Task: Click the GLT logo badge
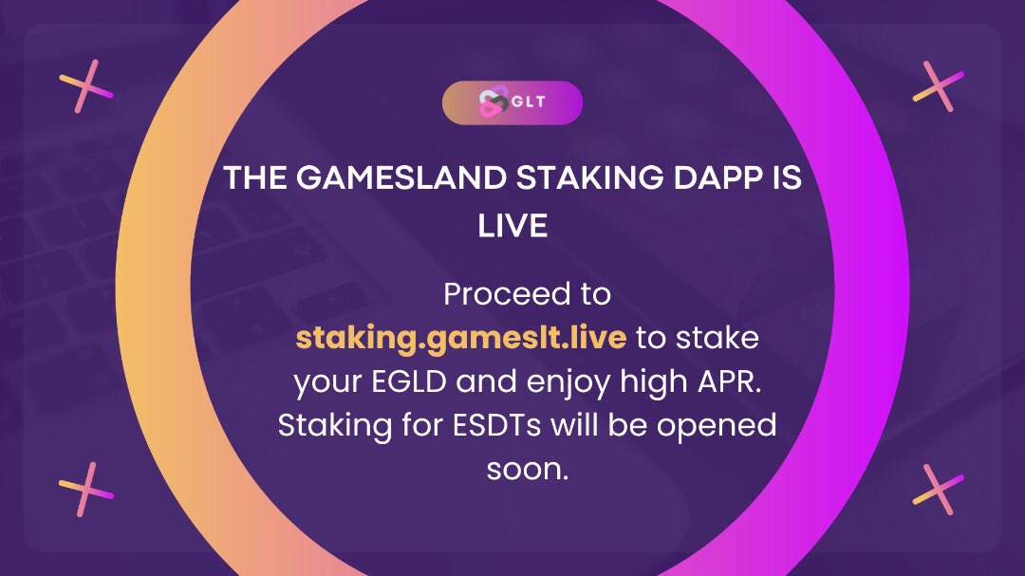tap(512, 103)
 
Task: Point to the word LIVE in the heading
tap(512, 227)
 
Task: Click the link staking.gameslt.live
tap(460, 337)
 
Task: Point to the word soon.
tap(527, 468)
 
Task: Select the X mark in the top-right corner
tap(938, 85)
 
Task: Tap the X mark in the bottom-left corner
tap(86, 489)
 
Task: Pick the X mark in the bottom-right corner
tap(938, 490)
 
